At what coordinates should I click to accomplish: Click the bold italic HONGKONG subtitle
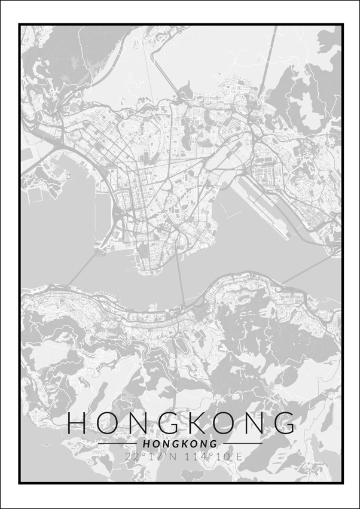pyautogui.click(x=180, y=444)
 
